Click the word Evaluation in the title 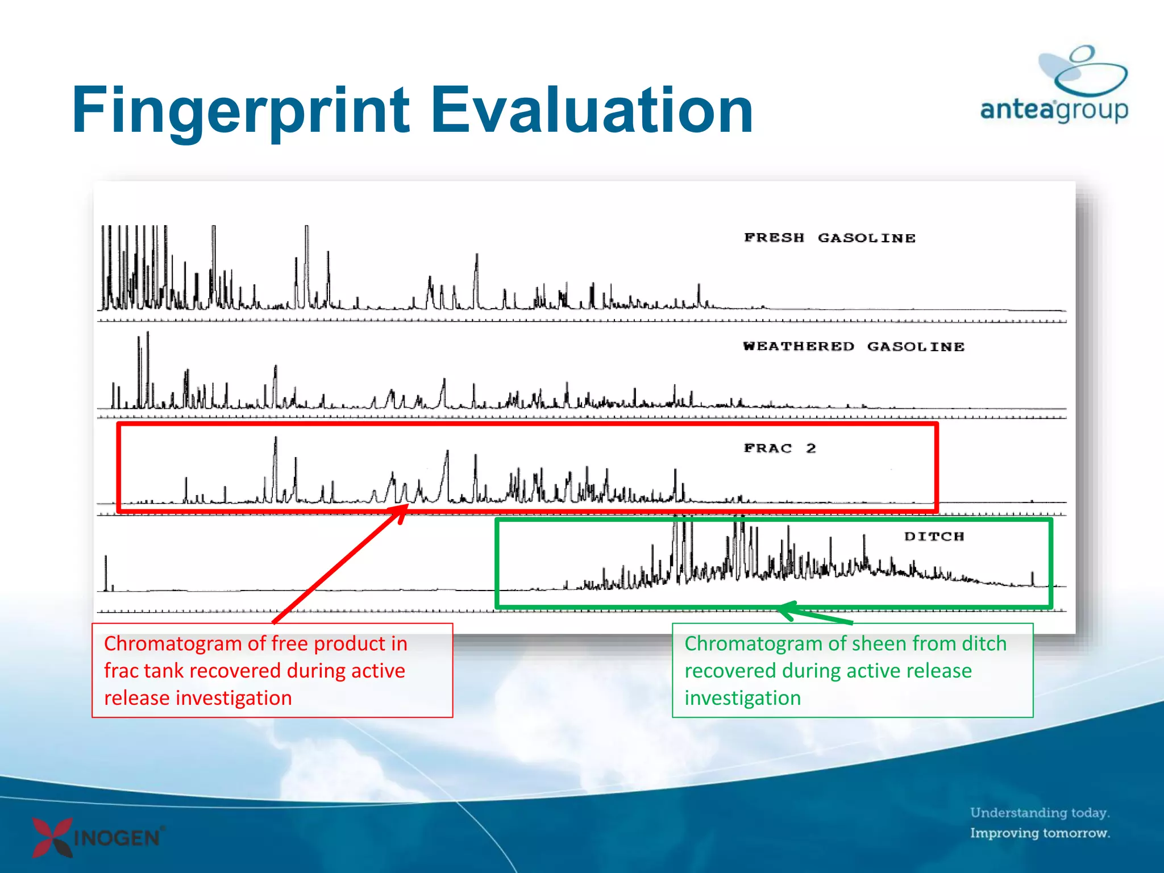pos(591,111)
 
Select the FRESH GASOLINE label pos(829,238)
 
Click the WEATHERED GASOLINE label pos(853,347)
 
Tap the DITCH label pos(934,537)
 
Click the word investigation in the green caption pos(742,698)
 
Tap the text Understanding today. pos(1040,813)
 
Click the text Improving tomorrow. pos(1040,833)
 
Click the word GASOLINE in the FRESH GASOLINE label pos(866,238)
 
